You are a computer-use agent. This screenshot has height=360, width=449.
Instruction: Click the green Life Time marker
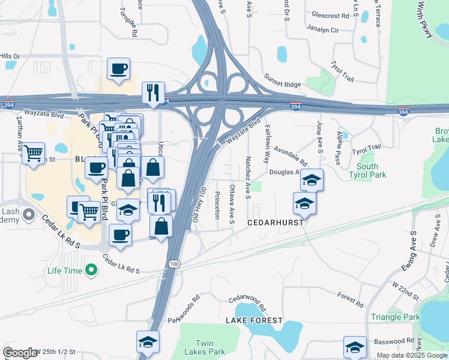click(x=91, y=271)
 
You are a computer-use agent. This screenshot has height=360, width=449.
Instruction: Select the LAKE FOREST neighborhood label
click(x=254, y=320)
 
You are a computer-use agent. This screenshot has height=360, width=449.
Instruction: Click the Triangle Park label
click(x=396, y=317)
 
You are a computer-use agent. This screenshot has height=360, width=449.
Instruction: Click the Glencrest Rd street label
click(x=328, y=16)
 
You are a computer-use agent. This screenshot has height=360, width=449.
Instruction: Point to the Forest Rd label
click(x=351, y=300)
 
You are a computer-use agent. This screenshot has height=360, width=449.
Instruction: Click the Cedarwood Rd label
click(x=247, y=299)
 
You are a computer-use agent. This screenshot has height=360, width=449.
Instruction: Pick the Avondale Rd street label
click(x=291, y=156)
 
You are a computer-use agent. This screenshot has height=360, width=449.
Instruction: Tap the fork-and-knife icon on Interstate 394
click(x=153, y=92)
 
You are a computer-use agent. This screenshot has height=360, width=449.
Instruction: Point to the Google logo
click(x=20, y=353)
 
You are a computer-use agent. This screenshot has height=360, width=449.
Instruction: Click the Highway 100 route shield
click(x=174, y=263)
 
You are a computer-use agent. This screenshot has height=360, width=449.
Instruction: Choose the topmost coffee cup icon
click(x=119, y=68)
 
